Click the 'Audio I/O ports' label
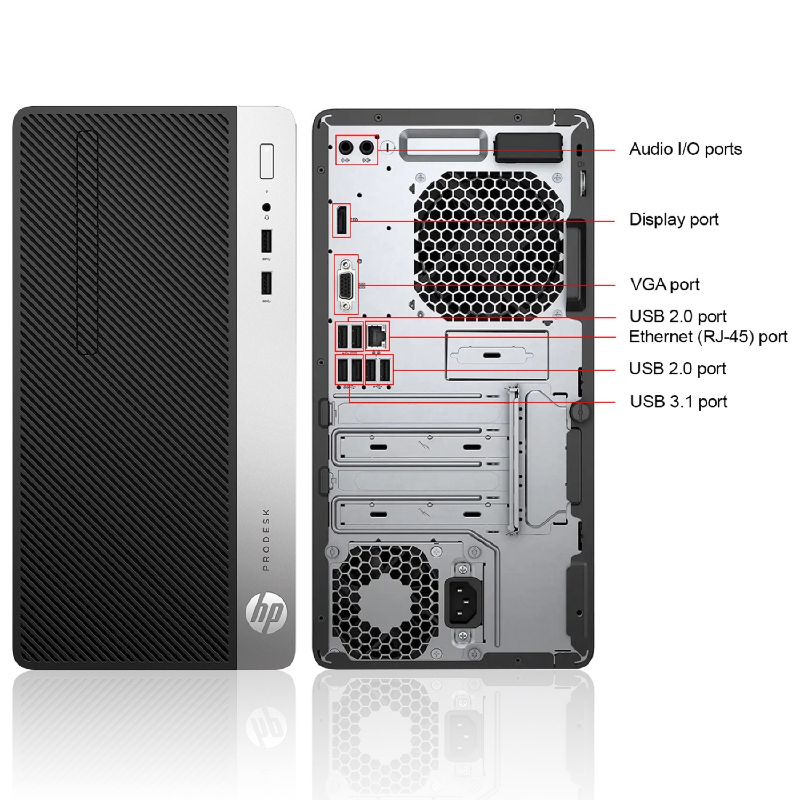tap(685, 149)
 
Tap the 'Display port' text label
tap(674, 220)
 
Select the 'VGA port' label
tap(665, 285)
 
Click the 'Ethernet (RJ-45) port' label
tap(708, 337)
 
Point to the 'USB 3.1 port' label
tap(678, 402)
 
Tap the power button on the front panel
tap(267, 161)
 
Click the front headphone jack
tap(267, 207)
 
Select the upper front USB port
tap(267, 241)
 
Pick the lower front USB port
tap(267, 283)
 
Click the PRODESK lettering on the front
tap(266, 540)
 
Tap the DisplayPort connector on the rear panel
tap(341, 220)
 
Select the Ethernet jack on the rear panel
tap(378, 335)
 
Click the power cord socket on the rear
tap(463, 601)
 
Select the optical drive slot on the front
tap(87, 243)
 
